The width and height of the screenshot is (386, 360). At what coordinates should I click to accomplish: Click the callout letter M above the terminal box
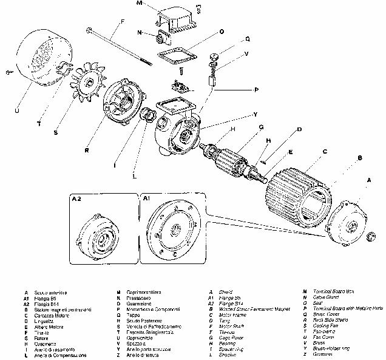pyautogui.click(x=139, y=4)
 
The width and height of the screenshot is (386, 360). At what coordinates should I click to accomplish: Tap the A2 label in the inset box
pyautogui.click(x=77, y=198)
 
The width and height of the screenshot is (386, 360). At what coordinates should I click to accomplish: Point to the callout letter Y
pyautogui.click(x=256, y=114)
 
